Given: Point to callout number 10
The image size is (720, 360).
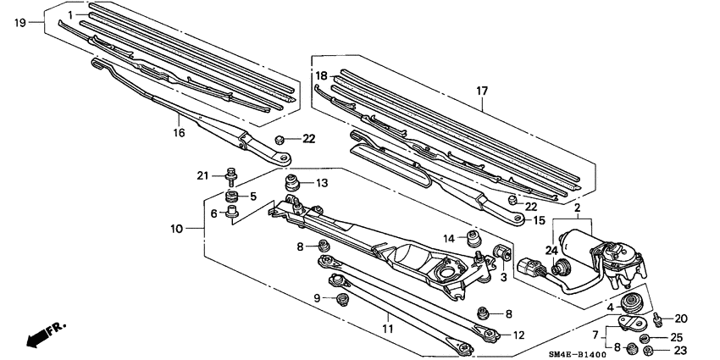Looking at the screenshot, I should [177, 229].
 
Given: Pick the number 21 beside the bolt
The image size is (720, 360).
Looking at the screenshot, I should [202, 175].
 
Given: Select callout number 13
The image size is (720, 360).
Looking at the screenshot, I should [322, 183].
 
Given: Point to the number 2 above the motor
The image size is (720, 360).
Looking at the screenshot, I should [576, 207].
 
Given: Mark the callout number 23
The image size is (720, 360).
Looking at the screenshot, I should [680, 349].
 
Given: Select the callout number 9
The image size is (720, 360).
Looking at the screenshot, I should [318, 298].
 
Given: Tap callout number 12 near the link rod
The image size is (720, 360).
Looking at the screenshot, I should [518, 335].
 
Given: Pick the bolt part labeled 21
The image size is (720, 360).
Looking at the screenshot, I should [230, 177].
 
